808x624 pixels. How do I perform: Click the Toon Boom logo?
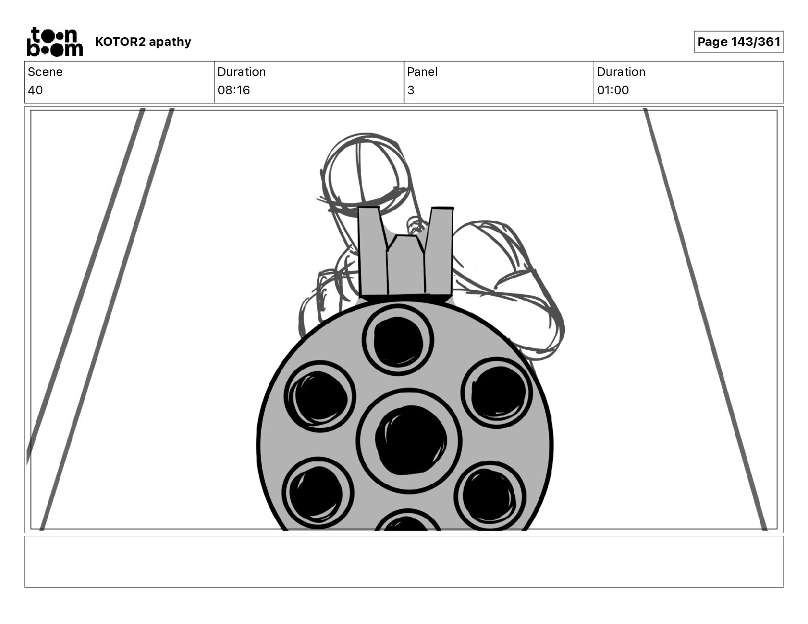[x=55, y=42]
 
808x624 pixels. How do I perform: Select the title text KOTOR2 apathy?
[x=143, y=42]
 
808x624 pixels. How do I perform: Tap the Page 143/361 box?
[x=739, y=42]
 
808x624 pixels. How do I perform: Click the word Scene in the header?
[x=45, y=72]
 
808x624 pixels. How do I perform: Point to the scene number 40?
[x=35, y=90]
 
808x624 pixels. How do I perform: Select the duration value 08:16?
[x=234, y=90]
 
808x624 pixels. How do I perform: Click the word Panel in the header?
[x=422, y=72]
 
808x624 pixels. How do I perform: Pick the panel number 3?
[x=411, y=90]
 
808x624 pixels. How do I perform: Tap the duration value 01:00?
[x=613, y=90]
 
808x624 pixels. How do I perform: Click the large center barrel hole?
[x=410, y=441]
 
